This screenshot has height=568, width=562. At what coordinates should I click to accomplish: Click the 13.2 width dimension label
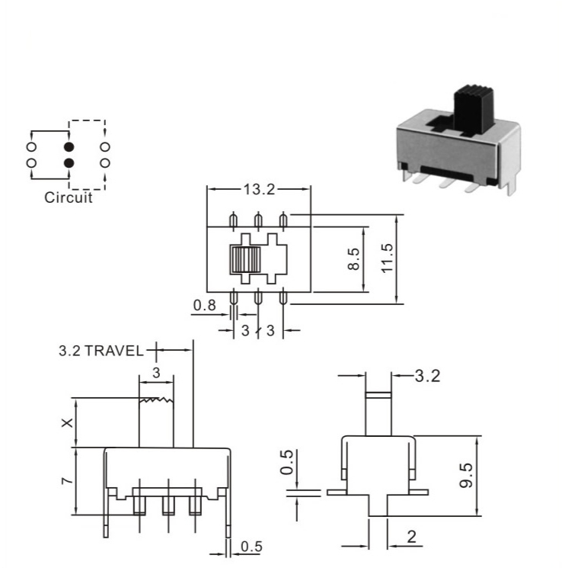click(259, 189)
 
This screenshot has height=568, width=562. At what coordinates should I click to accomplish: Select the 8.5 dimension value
click(353, 259)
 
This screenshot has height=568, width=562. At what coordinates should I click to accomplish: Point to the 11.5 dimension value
click(387, 258)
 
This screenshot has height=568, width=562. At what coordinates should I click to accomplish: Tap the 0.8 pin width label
click(204, 306)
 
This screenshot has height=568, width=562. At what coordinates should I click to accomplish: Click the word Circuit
click(68, 197)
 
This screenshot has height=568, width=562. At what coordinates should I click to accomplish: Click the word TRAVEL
click(114, 351)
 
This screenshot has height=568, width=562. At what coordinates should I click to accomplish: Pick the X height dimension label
click(67, 422)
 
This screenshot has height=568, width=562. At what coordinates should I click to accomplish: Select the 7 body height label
click(68, 480)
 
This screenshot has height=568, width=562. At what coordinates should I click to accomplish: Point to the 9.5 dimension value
click(466, 476)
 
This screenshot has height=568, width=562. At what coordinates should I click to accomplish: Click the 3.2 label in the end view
click(427, 377)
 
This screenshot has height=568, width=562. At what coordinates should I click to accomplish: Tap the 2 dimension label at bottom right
click(412, 538)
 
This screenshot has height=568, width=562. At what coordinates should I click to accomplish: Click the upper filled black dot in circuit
click(69, 147)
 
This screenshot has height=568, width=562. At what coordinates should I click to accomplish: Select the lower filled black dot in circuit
click(69, 163)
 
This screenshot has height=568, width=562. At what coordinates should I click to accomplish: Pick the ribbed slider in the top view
click(245, 259)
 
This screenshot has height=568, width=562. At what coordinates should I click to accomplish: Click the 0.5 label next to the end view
click(286, 462)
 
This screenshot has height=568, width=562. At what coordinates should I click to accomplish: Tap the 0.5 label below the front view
click(251, 547)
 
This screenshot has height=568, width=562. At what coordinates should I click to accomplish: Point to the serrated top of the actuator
click(156, 400)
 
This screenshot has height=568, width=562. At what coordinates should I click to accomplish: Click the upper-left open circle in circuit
click(32, 147)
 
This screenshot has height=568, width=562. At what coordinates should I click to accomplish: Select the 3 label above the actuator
click(156, 373)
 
